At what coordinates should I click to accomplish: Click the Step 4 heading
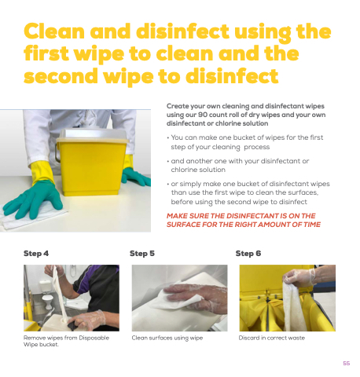pyautogui.click(x=36, y=254)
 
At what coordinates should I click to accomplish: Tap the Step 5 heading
pyautogui.click(x=142, y=254)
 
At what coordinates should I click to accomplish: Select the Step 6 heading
pyautogui.click(x=248, y=254)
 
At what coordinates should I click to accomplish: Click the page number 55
pyautogui.click(x=347, y=363)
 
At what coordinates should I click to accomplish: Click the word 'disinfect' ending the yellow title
pyautogui.click(x=232, y=76)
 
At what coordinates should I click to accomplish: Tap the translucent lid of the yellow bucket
pyautogui.click(x=92, y=135)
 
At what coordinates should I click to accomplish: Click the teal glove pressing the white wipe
pyautogui.click(x=33, y=200)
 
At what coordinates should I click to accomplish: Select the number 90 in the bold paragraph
pyautogui.click(x=203, y=115)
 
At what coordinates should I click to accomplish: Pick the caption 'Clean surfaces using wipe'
pyautogui.click(x=167, y=338)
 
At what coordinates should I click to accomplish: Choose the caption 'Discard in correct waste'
pyautogui.click(x=272, y=338)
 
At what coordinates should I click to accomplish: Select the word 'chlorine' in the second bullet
pyautogui.click(x=182, y=170)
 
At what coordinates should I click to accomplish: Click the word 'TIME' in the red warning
pyautogui.click(x=312, y=225)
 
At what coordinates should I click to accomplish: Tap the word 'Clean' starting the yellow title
pyautogui.click(x=54, y=31)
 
